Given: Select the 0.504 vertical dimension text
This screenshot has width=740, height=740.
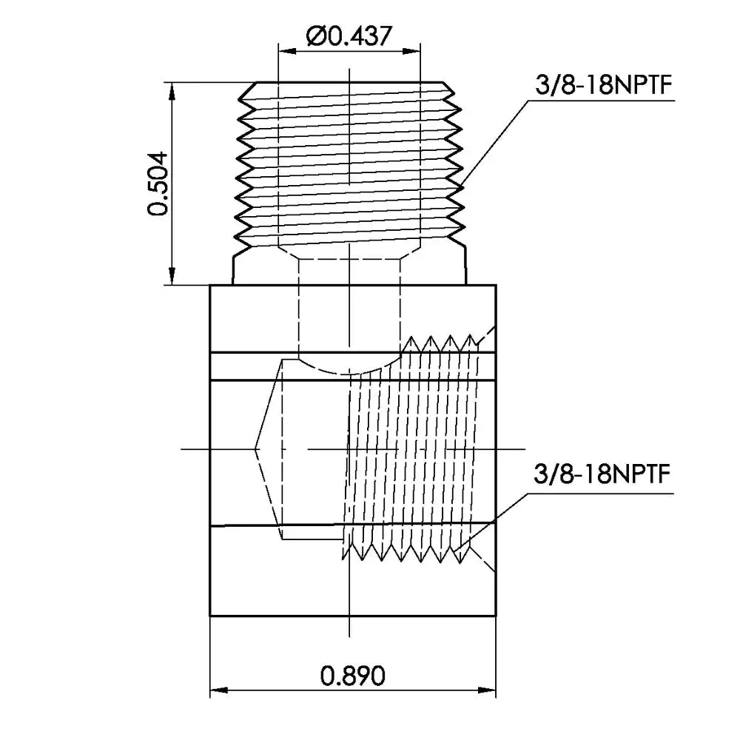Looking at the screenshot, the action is coord(158,184).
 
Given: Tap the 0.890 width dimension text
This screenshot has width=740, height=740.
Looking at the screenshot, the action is coord(352,676).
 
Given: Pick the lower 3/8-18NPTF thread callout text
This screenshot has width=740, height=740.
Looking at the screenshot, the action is coord(602,474).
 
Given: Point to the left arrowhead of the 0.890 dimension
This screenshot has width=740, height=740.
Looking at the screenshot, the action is coord(219,690).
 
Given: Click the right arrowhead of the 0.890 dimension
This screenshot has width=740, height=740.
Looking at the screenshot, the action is coord(487,690).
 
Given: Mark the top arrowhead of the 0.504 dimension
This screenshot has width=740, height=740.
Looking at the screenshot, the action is coord(172,92).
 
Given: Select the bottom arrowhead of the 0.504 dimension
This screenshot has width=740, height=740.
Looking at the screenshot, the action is coord(172,276).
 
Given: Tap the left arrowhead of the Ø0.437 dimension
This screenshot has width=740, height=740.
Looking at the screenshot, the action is coord(287,50).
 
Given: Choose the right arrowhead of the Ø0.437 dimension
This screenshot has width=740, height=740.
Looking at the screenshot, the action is coord(411,50).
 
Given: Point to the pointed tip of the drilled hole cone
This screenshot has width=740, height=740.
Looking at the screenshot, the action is coord(255,449).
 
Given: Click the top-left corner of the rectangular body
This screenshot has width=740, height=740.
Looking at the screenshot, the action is coord(210,285).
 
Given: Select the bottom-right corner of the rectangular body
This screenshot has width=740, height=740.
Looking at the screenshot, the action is coord(496,616).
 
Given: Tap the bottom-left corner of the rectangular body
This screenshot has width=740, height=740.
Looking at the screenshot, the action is coord(210,616).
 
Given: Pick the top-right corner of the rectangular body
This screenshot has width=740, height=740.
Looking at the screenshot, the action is coord(496,285).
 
